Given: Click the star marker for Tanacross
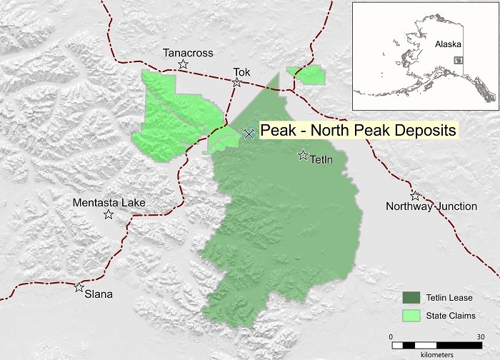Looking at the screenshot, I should click(x=184, y=64).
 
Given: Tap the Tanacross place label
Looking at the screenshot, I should click(x=184, y=52).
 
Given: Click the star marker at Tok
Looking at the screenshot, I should click(x=236, y=83).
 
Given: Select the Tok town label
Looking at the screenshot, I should click(x=243, y=71).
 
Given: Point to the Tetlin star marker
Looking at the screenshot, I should click(x=303, y=155).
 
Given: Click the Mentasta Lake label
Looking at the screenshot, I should click(x=109, y=203).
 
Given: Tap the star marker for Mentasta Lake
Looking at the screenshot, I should click(x=109, y=214).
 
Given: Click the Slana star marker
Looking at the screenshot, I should click(x=79, y=287).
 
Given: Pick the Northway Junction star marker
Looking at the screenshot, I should click(x=415, y=195).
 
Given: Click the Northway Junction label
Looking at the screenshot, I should click(x=431, y=206).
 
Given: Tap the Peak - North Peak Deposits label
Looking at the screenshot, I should click(x=357, y=131).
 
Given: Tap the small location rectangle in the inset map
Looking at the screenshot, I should click(x=461, y=61).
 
